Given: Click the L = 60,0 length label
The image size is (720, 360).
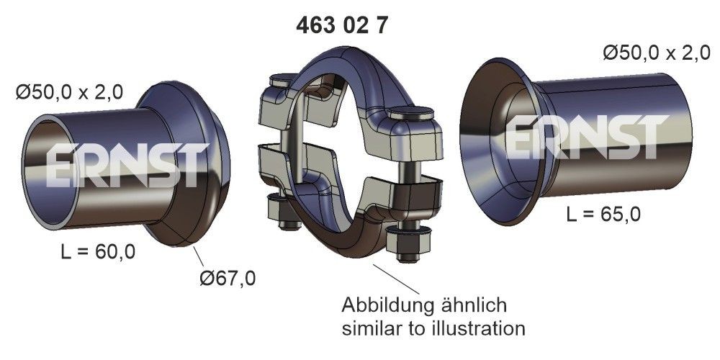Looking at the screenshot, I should coord(96,252).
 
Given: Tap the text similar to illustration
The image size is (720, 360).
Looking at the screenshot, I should coord(433,329).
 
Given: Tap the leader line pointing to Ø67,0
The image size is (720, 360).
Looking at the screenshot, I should coord(202,258).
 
